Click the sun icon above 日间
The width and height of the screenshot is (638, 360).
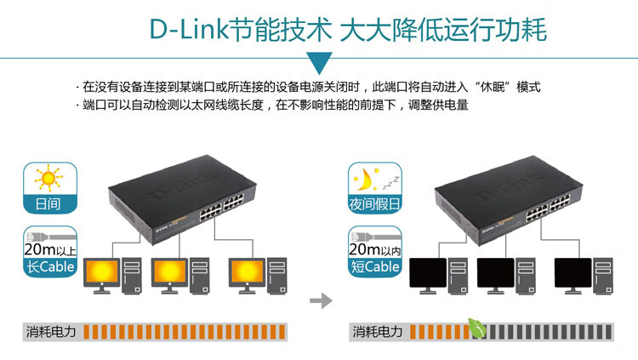tap(48, 180)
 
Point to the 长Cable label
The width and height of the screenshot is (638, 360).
tap(51, 266)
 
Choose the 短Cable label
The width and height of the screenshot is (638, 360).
tap(375, 266)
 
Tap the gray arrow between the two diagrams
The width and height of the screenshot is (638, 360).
tap(320, 300)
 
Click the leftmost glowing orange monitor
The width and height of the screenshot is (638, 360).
tap(102, 272)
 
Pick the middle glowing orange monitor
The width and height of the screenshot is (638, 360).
tap(170, 272)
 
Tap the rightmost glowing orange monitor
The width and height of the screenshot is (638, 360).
tap(248, 272)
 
